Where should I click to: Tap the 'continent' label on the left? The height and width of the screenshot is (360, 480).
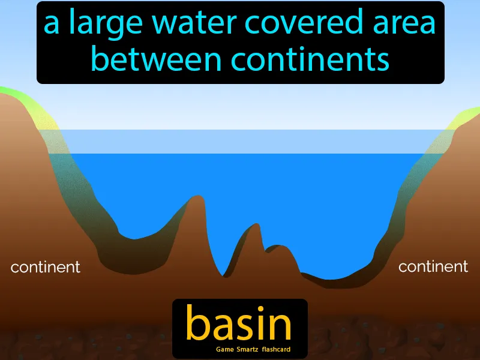click(46, 267)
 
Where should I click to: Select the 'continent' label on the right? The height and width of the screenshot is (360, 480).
click(433, 266)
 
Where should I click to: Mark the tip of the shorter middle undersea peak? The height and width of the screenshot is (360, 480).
click(257, 225)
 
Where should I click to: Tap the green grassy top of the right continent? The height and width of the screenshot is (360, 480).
click(465, 115)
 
